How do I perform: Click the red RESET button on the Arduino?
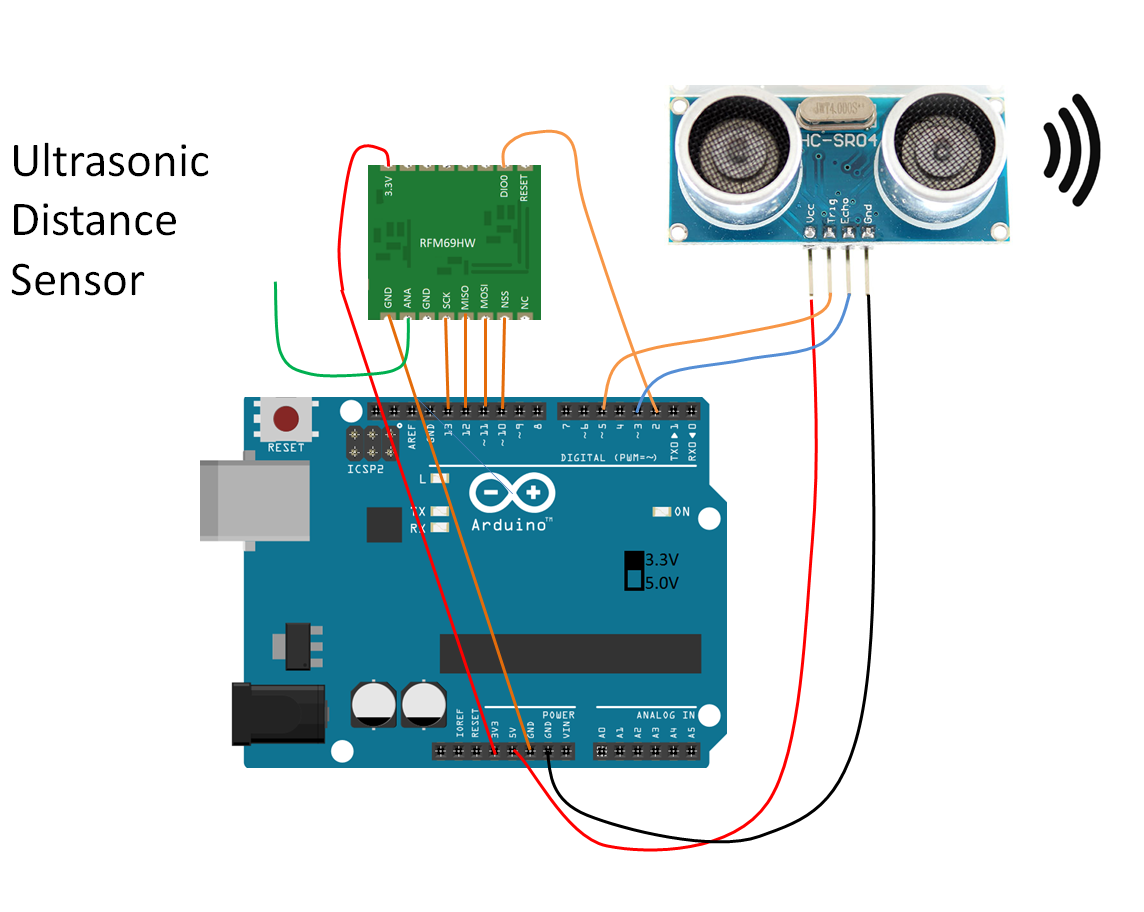pyautogui.click(x=287, y=418)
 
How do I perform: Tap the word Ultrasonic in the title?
pyautogui.click(x=110, y=161)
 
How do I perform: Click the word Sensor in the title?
pyautogui.click(x=77, y=281)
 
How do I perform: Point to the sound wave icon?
pyautogui.click(x=1071, y=150)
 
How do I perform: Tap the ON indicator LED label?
pyautogui.click(x=682, y=512)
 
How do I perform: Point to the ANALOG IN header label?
pyautogui.click(x=665, y=715)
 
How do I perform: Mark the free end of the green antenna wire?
pyautogui.click(x=275, y=284)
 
